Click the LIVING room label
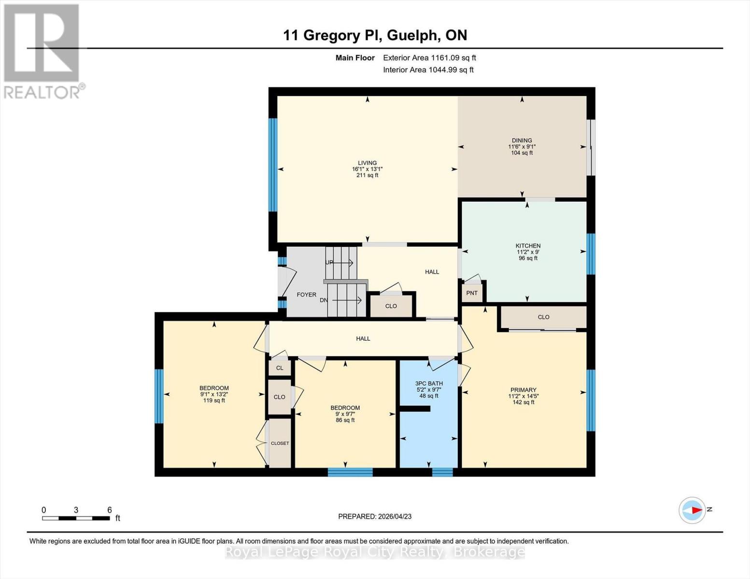[x=367, y=163]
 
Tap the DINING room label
[x=522, y=140]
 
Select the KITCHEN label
[x=528, y=246]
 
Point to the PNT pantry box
[x=472, y=293]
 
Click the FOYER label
[x=306, y=294]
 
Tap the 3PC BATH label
[x=429, y=384]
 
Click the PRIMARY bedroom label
[x=524, y=390]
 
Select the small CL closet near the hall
[x=280, y=368]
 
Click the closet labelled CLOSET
[x=280, y=443]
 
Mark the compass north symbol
[x=693, y=510]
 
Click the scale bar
[x=76, y=518]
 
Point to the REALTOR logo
[x=42, y=51]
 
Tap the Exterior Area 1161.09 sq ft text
[x=429, y=57]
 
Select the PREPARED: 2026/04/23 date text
[x=375, y=516]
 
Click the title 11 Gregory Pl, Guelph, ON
[x=375, y=35]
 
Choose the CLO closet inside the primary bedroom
[x=543, y=317]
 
